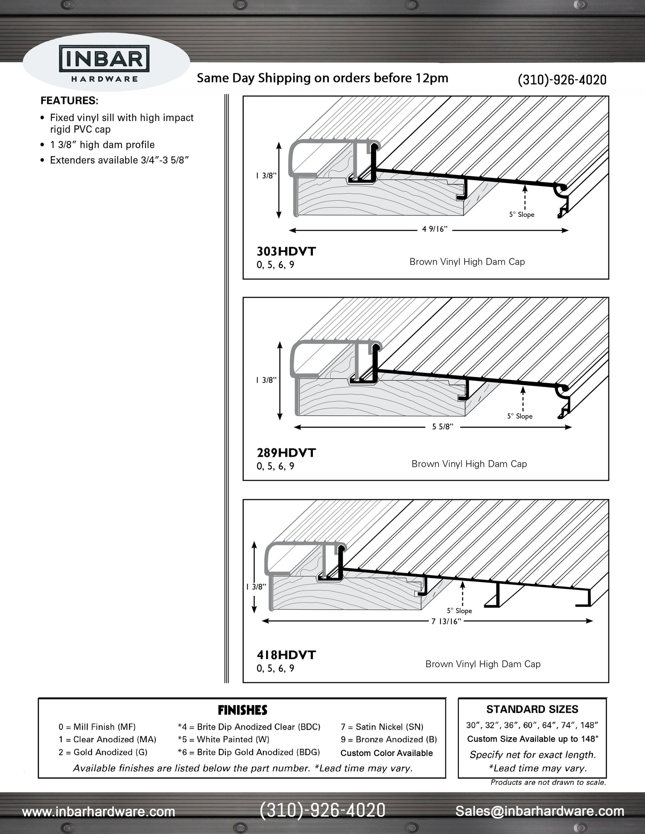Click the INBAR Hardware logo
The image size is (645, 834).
coord(104,64)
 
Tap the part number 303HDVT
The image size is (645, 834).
coord(286,252)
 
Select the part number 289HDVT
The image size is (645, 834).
coord(286,453)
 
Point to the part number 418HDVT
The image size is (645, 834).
coord(286,655)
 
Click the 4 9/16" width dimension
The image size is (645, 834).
coord(434,229)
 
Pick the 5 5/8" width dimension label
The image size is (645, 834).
coord(442,427)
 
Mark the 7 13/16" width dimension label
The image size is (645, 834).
coord(445,622)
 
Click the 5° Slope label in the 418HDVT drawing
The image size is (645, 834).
coord(459,611)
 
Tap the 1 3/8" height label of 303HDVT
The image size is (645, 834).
coord(266,176)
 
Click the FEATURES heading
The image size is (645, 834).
coord(69,101)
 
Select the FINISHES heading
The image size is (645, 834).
coord(242,710)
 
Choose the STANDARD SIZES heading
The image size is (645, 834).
coord(532,710)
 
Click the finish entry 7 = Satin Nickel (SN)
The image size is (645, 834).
coord(382,727)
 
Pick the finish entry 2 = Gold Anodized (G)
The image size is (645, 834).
coord(103,752)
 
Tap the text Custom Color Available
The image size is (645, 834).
coord(387,753)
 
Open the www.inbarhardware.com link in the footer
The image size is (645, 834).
coord(99,812)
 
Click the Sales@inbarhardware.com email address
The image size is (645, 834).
coord(540,811)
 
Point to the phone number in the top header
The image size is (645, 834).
coord(562,80)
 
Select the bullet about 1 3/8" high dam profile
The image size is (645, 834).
coord(102,145)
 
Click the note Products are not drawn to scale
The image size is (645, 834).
coord(548,782)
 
